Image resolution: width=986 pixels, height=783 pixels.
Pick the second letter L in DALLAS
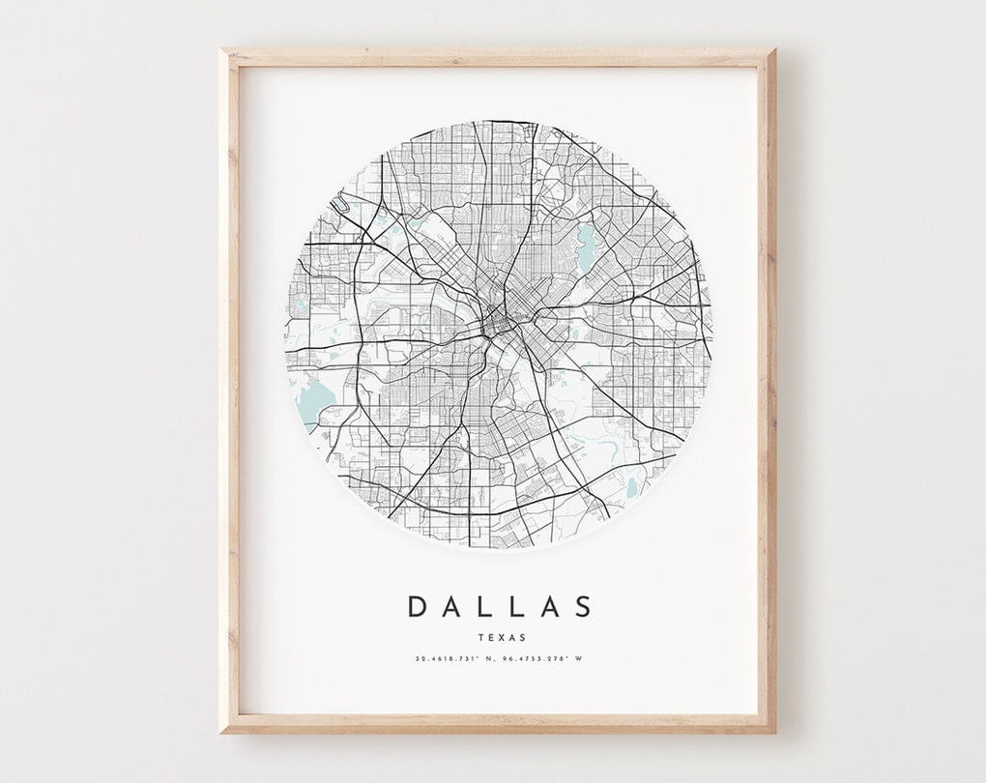coord(513,606)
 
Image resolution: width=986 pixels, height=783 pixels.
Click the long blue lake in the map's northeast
coord(586,237)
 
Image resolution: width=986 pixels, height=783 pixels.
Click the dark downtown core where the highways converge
coord(500,324)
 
